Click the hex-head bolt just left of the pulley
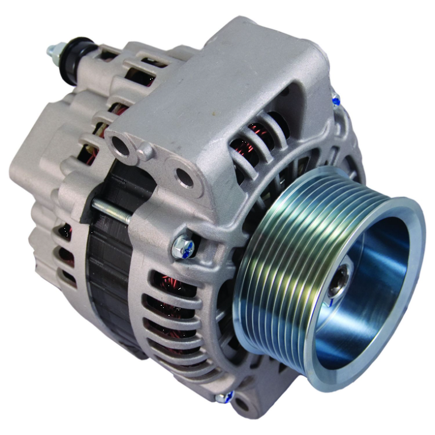181,248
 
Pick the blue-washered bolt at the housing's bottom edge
223,397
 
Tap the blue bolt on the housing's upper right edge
336,100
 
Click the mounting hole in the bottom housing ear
241,407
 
